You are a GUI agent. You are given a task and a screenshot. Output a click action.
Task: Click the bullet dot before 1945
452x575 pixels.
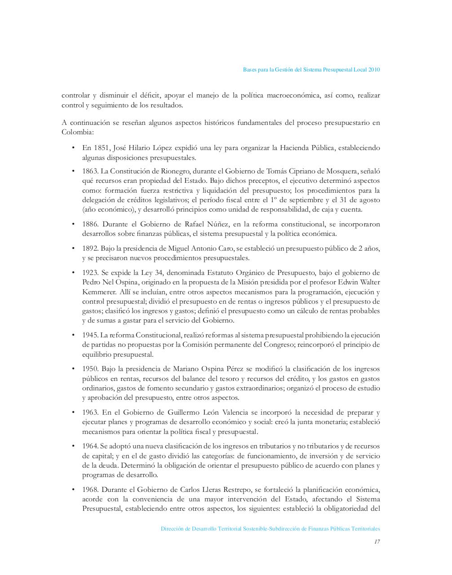[x=73, y=335]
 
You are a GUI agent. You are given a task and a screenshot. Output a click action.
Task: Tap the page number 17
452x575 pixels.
[x=377, y=541]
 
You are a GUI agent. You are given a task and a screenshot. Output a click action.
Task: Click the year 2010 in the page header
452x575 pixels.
[x=374, y=70]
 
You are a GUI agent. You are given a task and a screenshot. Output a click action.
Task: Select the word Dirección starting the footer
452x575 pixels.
[x=172, y=529]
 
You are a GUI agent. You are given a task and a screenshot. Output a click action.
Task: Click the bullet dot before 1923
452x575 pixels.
[x=73, y=273]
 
